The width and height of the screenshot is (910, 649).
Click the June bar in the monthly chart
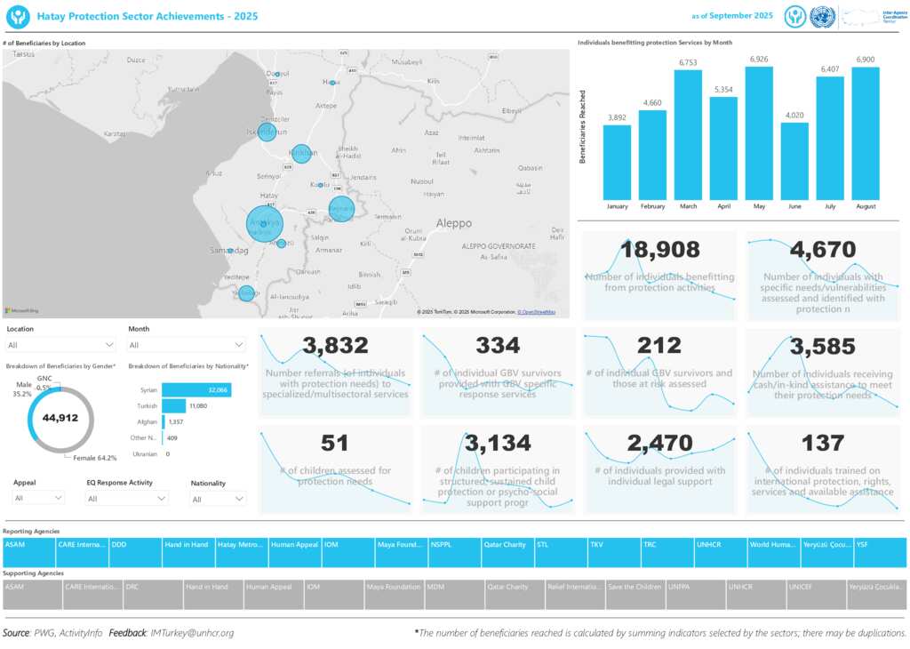pyautogui.click(x=794, y=161)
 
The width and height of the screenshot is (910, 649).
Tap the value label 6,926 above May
pyautogui.click(x=758, y=60)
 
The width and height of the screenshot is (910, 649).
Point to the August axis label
pyautogui.click(x=865, y=206)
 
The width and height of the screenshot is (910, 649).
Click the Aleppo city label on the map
pyautogui.click(x=454, y=223)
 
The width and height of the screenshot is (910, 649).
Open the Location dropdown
pyautogui.click(x=60, y=345)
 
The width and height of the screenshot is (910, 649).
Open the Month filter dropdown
pyautogui.click(x=187, y=345)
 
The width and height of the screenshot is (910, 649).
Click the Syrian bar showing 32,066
pyautogui.click(x=196, y=390)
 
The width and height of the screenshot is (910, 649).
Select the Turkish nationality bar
pyautogui.click(x=173, y=405)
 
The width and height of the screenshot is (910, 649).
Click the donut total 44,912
pyautogui.click(x=61, y=418)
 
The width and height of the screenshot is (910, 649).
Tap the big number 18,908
pyautogui.click(x=660, y=250)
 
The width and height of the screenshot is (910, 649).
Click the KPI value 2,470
pyautogui.click(x=659, y=443)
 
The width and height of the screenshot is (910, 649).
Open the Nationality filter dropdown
pyautogui.click(x=218, y=499)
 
